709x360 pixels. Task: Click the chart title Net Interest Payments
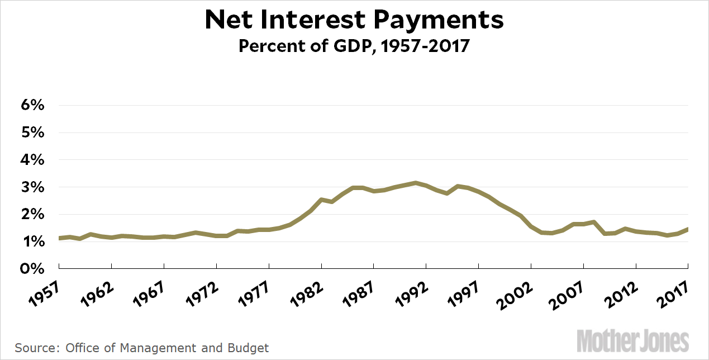354,20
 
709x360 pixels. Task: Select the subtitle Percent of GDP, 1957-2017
354,45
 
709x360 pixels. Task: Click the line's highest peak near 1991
415,183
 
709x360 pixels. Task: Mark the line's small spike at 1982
321,199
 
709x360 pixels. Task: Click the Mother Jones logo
632,340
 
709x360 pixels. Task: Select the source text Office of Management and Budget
167,348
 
